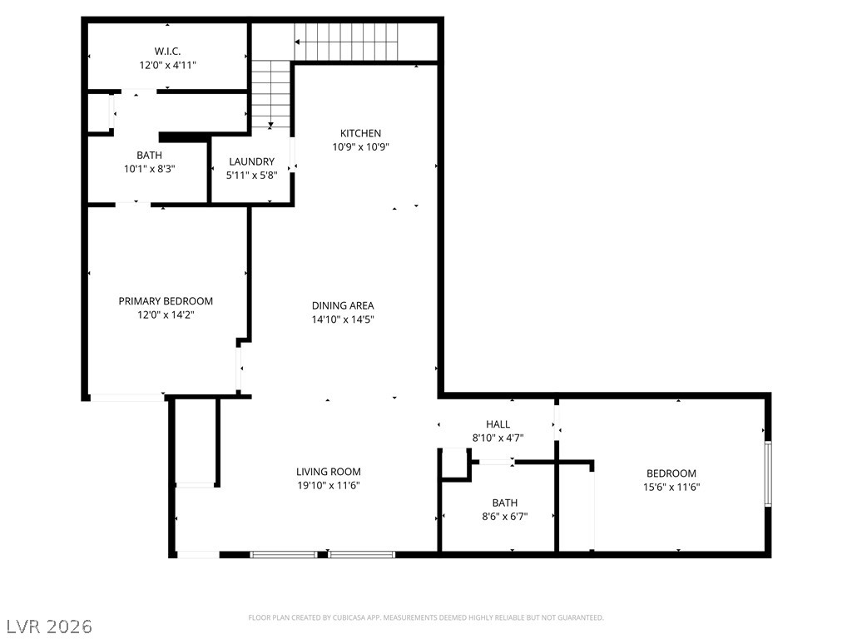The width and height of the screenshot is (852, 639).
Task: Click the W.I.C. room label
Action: coord(167,52)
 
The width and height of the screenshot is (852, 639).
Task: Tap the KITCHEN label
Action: coord(361,133)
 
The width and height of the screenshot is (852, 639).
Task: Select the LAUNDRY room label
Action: coord(251,161)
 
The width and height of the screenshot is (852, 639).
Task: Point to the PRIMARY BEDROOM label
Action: coord(166,301)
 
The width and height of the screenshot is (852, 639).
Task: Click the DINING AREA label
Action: coord(343,305)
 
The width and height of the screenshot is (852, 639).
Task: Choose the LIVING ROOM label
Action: coord(328,472)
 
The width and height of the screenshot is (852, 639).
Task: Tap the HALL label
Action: coord(498,424)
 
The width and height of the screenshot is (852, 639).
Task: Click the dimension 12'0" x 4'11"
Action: coord(167,65)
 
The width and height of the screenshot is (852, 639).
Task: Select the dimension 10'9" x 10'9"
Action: coord(361,146)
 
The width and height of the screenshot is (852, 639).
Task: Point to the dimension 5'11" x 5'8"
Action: coord(251,175)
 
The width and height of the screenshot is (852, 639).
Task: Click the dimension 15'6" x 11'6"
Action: coord(671,487)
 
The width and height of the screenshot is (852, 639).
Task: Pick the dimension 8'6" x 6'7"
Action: coord(505,516)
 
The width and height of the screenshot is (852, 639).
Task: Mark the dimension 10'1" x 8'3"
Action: coord(150,169)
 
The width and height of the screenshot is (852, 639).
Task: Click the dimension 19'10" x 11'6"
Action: coord(328,485)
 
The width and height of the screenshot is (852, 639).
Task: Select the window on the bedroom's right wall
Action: coord(768,473)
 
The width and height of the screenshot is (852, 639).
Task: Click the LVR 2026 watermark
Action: coord(47,626)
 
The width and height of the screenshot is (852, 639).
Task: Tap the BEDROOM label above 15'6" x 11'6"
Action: coord(671,473)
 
